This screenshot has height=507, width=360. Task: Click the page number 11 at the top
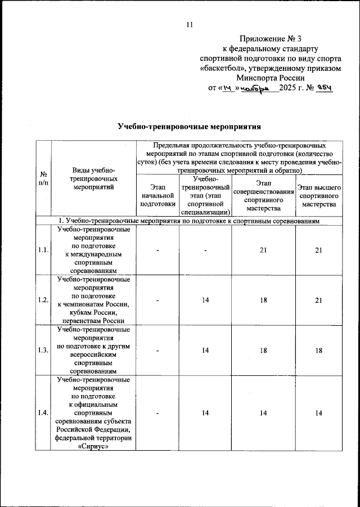[189, 24]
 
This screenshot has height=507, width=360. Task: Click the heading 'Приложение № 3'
[270, 39]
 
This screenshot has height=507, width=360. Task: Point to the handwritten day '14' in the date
[228, 88]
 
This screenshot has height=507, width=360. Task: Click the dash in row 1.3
[159, 351]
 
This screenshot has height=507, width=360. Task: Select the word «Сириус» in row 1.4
[94, 447]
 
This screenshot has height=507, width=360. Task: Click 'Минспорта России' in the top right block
[270, 78]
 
